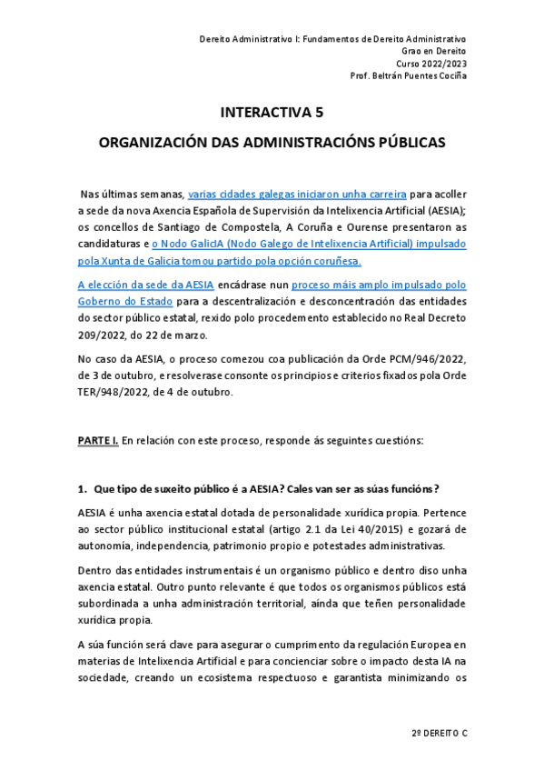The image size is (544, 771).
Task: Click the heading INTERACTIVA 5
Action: (x=272, y=113)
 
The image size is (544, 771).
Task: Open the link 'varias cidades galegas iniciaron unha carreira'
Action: (x=297, y=194)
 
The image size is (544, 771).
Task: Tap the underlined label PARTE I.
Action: (x=97, y=440)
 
